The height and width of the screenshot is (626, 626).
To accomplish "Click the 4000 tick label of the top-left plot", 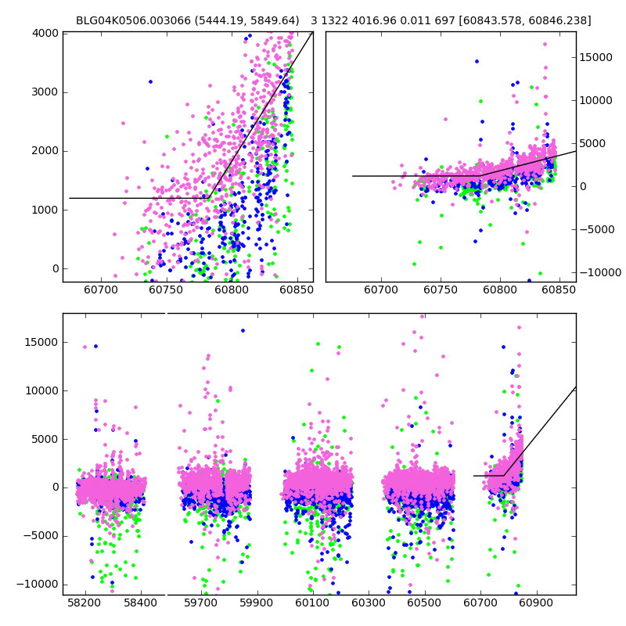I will tap(45, 33).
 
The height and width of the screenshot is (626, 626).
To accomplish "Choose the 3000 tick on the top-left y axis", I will tap(45, 92).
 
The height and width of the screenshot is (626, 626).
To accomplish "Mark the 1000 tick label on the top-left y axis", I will tap(45, 210).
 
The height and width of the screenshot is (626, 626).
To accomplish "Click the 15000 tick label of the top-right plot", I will tap(599, 57).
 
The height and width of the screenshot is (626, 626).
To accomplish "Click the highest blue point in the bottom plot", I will tap(243, 330).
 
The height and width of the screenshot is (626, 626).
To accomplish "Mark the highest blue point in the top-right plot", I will tap(477, 61).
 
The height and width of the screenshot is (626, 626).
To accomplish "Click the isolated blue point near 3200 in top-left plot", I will tap(150, 81).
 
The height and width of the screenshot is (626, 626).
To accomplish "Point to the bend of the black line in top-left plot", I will tap(209, 197).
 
